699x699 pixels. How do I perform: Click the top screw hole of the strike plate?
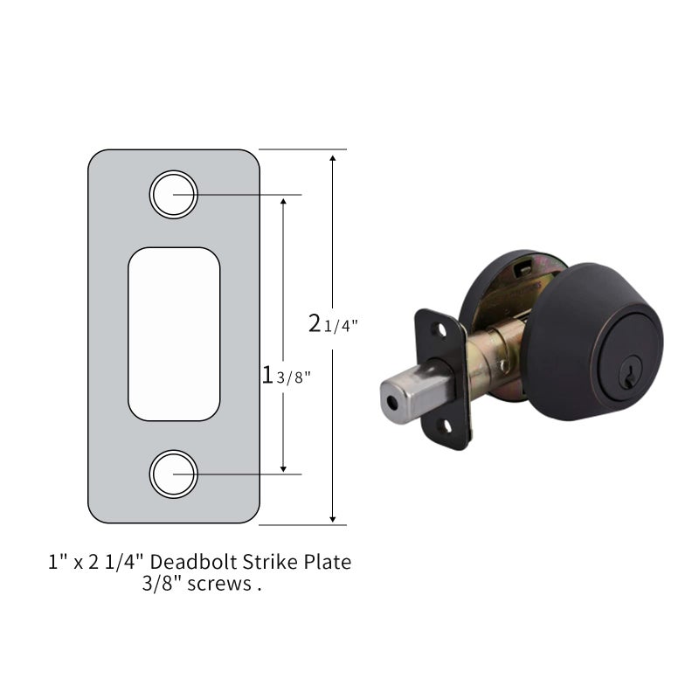(x=173, y=194)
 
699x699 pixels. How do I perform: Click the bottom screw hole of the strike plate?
(x=173, y=474)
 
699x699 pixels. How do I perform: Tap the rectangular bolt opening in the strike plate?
(x=174, y=334)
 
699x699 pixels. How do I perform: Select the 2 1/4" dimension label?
(x=333, y=323)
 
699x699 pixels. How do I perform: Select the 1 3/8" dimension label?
(x=286, y=375)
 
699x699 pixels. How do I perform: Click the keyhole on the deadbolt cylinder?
(x=629, y=377)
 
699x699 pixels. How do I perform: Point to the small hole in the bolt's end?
(x=392, y=404)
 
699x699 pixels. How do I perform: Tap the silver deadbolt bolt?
(x=417, y=392)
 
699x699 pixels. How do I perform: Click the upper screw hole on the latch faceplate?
(x=441, y=330)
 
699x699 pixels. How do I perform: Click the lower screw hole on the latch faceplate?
(x=445, y=426)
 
